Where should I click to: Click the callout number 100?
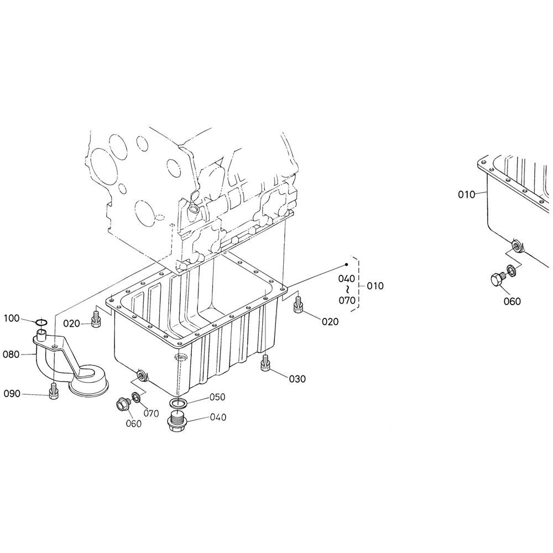click(x=12, y=319)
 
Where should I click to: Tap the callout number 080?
click(x=11, y=354)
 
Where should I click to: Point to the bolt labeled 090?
click(x=54, y=391)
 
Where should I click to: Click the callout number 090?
click(x=12, y=393)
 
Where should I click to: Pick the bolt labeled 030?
click(x=265, y=364)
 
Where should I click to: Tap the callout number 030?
click(x=297, y=379)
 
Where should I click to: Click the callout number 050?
click(x=217, y=397)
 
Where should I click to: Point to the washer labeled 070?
click(x=137, y=398)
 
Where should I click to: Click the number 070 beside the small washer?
click(x=152, y=413)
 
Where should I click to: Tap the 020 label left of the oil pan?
click(x=71, y=324)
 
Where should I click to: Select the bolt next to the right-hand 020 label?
click(x=298, y=304)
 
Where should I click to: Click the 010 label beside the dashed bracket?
click(x=375, y=286)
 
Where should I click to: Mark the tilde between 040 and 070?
click(x=347, y=290)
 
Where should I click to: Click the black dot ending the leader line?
click(x=347, y=264)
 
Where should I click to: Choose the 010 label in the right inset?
click(x=466, y=194)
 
